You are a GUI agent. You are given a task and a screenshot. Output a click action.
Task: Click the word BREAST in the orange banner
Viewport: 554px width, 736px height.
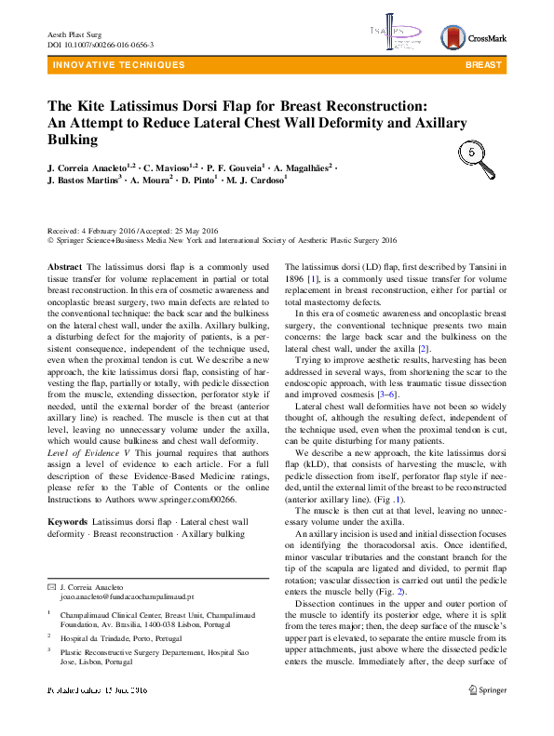pyautogui.click(x=483, y=65)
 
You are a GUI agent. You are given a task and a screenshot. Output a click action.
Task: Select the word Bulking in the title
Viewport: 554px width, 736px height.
pyautogui.click(x=72, y=140)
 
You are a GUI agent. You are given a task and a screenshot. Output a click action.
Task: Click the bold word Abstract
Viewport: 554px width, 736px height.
pyautogui.click(x=65, y=266)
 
